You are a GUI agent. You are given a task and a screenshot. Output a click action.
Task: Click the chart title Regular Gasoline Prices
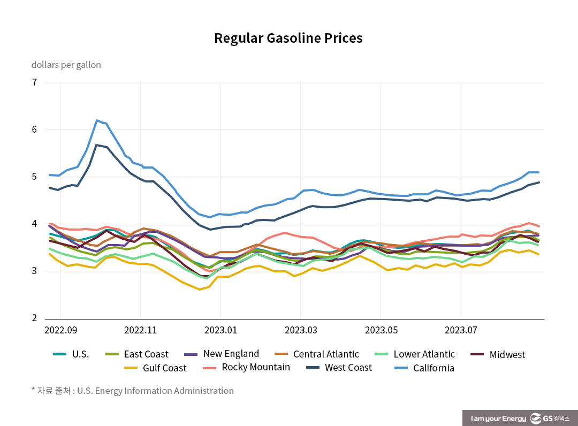point(288,39)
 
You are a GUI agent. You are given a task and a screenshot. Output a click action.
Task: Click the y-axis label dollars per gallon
point(66,65)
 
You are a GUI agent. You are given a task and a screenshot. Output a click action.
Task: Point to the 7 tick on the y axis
point(34,82)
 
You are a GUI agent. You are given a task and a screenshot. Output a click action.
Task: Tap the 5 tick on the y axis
point(34,177)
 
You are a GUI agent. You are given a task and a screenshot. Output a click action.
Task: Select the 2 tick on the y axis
point(34,318)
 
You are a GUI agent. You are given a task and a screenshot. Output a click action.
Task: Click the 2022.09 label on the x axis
point(60,330)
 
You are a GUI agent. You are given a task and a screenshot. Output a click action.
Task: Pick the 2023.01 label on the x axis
point(220,330)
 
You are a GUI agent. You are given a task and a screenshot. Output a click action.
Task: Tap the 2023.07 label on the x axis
point(461,330)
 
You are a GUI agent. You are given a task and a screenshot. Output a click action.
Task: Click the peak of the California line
point(97,120)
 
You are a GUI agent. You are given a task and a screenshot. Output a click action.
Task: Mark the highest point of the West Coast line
point(97,145)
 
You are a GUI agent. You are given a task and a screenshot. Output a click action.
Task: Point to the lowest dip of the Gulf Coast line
point(200,290)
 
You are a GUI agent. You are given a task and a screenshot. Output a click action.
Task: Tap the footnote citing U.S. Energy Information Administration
point(133,391)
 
